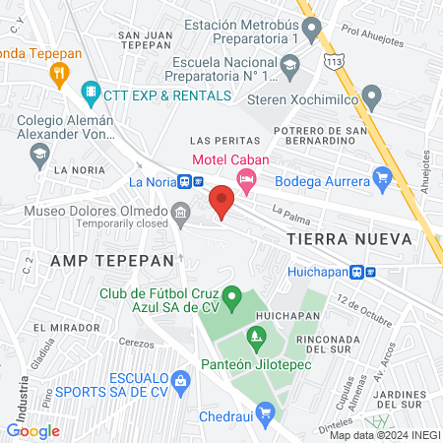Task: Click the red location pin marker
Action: point(221,201)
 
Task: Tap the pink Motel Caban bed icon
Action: point(246,177)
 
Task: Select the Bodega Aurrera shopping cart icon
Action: point(383,177)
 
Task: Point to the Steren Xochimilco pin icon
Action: point(371,97)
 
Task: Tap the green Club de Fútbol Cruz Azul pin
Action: point(232,294)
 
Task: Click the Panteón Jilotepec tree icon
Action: point(256,341)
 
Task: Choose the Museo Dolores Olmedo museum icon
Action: point(180,213)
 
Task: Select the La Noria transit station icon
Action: point(190,181)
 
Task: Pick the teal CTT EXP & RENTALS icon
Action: point(91,95)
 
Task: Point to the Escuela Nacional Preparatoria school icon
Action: point(289,69)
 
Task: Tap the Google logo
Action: point(33,430)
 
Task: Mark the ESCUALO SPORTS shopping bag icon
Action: point(179,381)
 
